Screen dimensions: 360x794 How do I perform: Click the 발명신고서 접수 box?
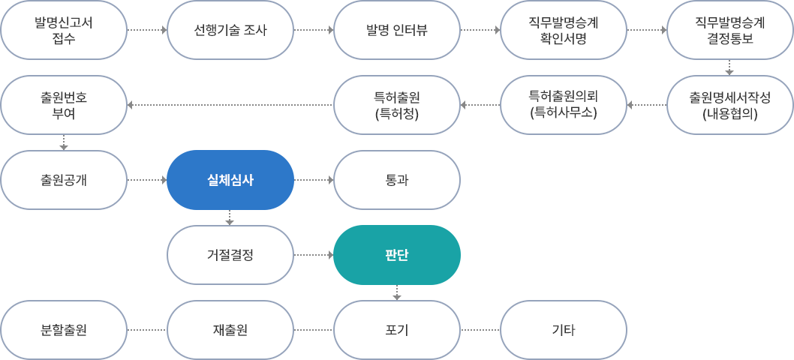(x=64, y=30)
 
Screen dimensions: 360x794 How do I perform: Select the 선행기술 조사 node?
(x=230, y=30)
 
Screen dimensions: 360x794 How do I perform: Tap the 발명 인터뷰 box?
(x=396, y=30)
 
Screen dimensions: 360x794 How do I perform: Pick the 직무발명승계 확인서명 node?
(x=563, y=30)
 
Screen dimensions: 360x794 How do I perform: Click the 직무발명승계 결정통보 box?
(x=729, y=30)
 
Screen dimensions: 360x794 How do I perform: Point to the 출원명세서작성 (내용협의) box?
(x=729, y=105)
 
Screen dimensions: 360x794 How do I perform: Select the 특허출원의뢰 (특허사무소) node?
(x=563, y=105)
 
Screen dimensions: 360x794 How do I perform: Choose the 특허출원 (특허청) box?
(x=396, y=105)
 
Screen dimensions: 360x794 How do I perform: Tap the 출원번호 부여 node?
(x=64, y=105)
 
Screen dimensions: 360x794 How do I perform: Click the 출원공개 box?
(x=64, y=180)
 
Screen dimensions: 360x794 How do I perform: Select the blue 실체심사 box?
(x=230, y=180)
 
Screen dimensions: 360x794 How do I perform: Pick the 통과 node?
(x=396, y=180)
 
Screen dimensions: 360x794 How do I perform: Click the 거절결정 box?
(x=230, y=255)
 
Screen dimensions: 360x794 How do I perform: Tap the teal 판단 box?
(x=396, y=255)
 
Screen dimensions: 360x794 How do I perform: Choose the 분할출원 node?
(x=64, y=330)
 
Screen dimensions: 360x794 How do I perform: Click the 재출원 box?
(x=230, y=330)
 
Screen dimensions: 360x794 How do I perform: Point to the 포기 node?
(x=396, y=330)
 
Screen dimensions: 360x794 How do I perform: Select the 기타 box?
(x=563, y=330)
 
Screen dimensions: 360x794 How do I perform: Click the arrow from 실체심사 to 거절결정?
(x=230, y=217)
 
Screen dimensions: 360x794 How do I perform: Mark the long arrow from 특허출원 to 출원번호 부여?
(x=230, y=105)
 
